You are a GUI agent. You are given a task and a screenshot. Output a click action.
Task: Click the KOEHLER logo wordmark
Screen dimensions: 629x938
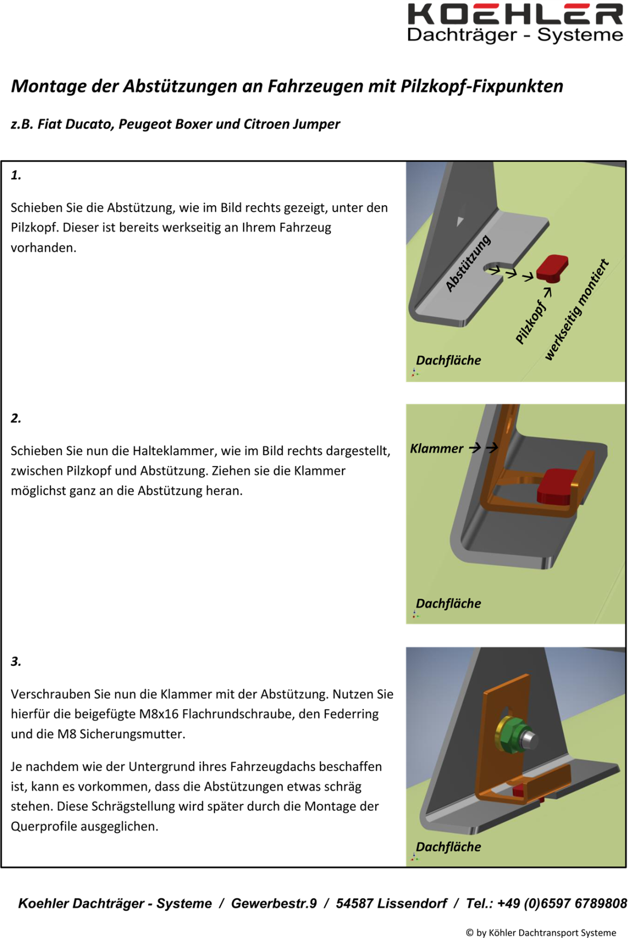pyautogui.click(x=515, y=14)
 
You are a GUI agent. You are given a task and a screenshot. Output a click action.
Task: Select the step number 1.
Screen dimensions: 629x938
pyautogui.click(x=16, y=175)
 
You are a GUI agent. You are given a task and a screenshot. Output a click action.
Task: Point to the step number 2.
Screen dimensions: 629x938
pyautogui.click(x=16, y=418)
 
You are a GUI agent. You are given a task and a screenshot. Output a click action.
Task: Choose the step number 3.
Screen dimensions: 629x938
pyautogui.click(x=16, y=662)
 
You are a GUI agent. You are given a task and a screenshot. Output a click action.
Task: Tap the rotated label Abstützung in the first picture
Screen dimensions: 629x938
pyautogui.click(x=468, y=263)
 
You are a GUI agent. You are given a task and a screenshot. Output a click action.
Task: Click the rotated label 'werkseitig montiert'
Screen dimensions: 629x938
pyautogui.click(x=577, y=310)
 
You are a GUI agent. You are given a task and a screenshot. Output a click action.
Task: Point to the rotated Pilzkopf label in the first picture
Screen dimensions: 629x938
pyautogui.click(x=530, y=322)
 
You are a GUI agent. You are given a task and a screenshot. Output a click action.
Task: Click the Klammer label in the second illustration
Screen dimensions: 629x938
pyautogui.click(x=437, y=448)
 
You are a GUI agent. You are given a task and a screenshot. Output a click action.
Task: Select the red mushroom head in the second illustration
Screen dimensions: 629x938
pyautogui.click(x=557, y=486)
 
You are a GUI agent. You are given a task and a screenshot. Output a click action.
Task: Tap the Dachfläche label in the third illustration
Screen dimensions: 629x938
pyautogui.click(x=448, y=847)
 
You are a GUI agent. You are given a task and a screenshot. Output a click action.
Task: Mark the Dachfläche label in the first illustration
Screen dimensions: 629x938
pyautogui.click(x=448, y=361)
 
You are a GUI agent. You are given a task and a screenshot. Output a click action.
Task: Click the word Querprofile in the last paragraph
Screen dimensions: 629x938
pyautogui.click(x=40, y=827)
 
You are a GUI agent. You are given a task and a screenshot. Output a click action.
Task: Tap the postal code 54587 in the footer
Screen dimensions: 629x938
pyautogui.click(x=354, y=904)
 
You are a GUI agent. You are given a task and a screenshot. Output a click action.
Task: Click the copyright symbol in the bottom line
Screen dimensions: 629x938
pyautogui.click(x=469, y=933)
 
